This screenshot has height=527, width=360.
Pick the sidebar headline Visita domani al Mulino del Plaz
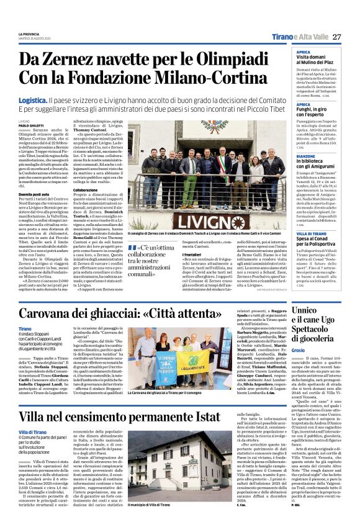317,60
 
